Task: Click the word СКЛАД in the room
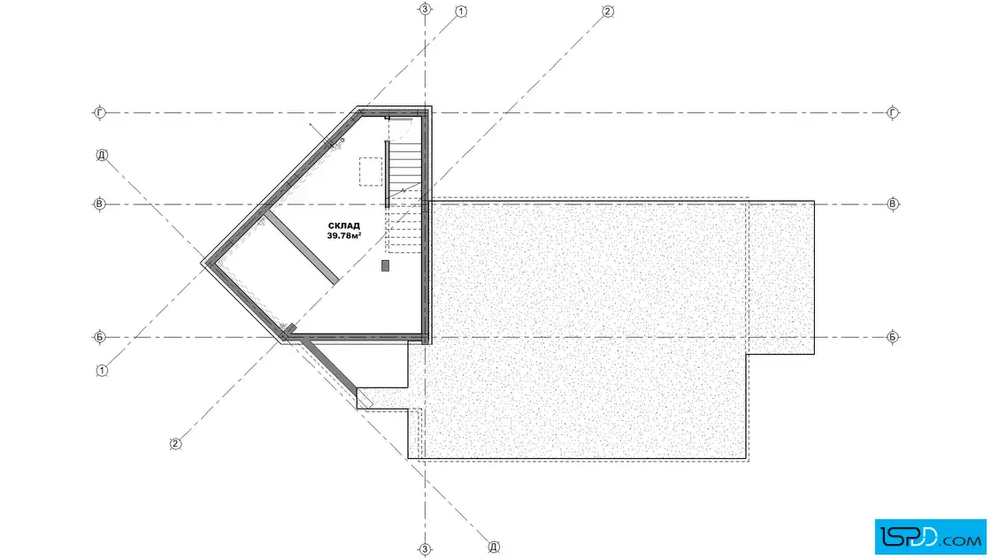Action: pyautogui.click(x=344, y=226)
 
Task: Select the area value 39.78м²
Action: pyautogui.click(x=344, y=235)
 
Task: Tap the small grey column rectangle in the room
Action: pyautogui.click(x=385, y=266)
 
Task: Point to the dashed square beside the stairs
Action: pyautogui.click(x=371, y=172)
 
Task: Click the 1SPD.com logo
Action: pyautogui.click(x=930, y=536)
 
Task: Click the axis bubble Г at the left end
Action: pyautogui.click(x=99, y=112)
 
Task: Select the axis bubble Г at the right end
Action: pyautogui.click(x=893, y=113)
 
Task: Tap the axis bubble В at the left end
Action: pyautogui.click(x=99, y=204)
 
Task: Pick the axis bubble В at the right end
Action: pyautogui.click(x=893, y=204)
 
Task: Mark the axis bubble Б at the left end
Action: pyautogui.click(x=99, y=337)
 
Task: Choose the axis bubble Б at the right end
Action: pyautogui.click(x=893, y=337)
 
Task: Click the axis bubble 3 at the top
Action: pyautogui.click(x=425, y=9)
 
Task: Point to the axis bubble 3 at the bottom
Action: pyautogui.click(x=425, y=549)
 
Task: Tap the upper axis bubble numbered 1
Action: pyautogui.click(x=461, y=11)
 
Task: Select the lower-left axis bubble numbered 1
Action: pyautogui.click(x=102, y=370)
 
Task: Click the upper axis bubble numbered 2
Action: pyautogui.click(x=607, y=11)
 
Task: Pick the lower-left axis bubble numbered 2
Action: pyautogui.click(x=176, y=444)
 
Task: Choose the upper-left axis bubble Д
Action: pyautogui.click(x=102, y=155)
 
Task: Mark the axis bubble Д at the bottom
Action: pyautogui.click(x=494, y=547)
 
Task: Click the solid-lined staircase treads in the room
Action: pyautogui.click(x=405, y=165)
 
